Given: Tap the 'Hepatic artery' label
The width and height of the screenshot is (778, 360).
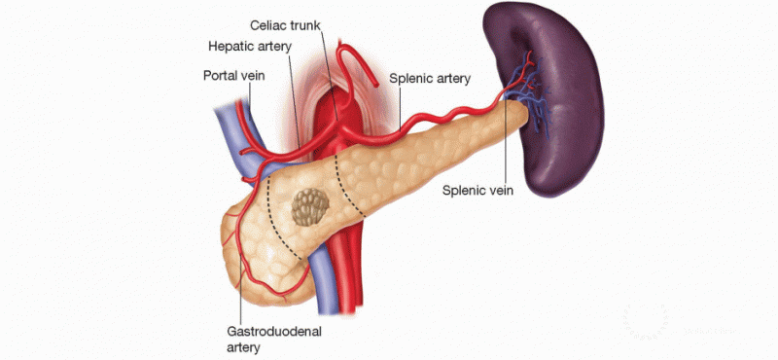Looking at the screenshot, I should click(x=248, y=46).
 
